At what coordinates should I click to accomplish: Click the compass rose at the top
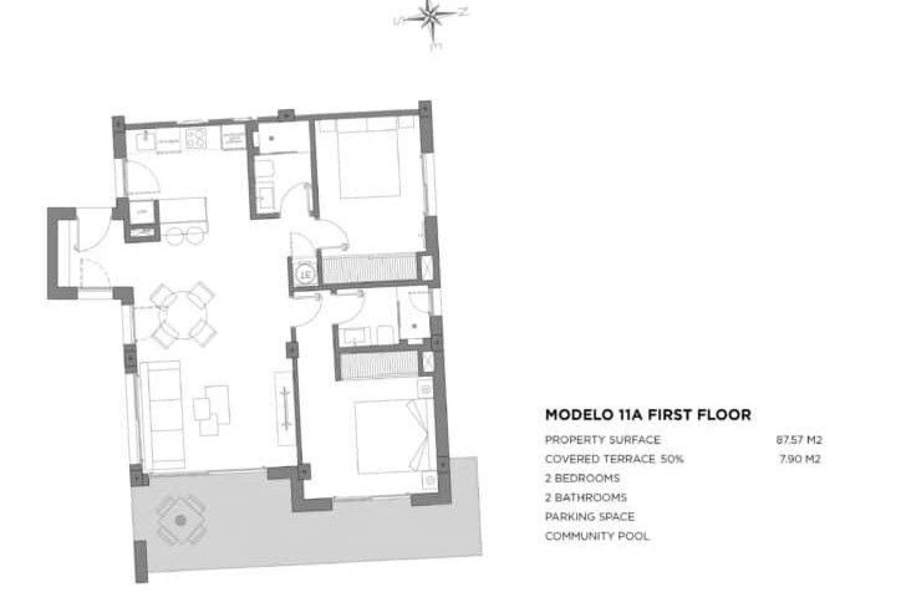(431, 19)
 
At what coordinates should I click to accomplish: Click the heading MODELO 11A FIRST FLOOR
(648, 415)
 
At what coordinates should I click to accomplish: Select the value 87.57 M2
(799, 440)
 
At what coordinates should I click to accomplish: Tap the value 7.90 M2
(800, 459)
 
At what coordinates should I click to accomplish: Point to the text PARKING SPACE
(589, 517)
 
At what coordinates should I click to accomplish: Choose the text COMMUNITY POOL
(597, 536)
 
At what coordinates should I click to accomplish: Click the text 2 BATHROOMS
(586, 498)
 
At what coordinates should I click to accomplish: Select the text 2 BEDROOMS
(582, 478)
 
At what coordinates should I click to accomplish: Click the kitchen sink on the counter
(146, 140)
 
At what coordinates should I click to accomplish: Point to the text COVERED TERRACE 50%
(614, 459)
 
